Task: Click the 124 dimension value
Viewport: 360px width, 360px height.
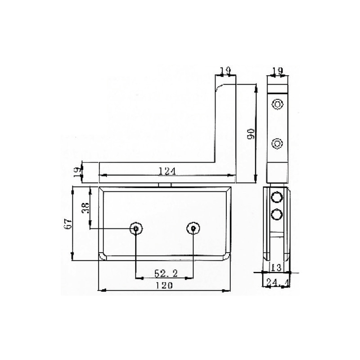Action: [x=166, y=170]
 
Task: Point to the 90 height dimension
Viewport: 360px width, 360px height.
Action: [x=251, y=133]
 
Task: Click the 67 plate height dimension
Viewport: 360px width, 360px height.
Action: [x=68, y=225]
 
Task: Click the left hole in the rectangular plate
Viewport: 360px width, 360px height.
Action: [x=135, y=229]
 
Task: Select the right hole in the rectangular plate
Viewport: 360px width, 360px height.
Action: [x=193, y=229]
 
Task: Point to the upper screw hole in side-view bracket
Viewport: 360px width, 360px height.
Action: [x=277, y=105]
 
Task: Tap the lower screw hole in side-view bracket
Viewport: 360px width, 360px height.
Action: [x=277, y=144]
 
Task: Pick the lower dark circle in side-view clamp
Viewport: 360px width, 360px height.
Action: [x=277, y=214]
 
